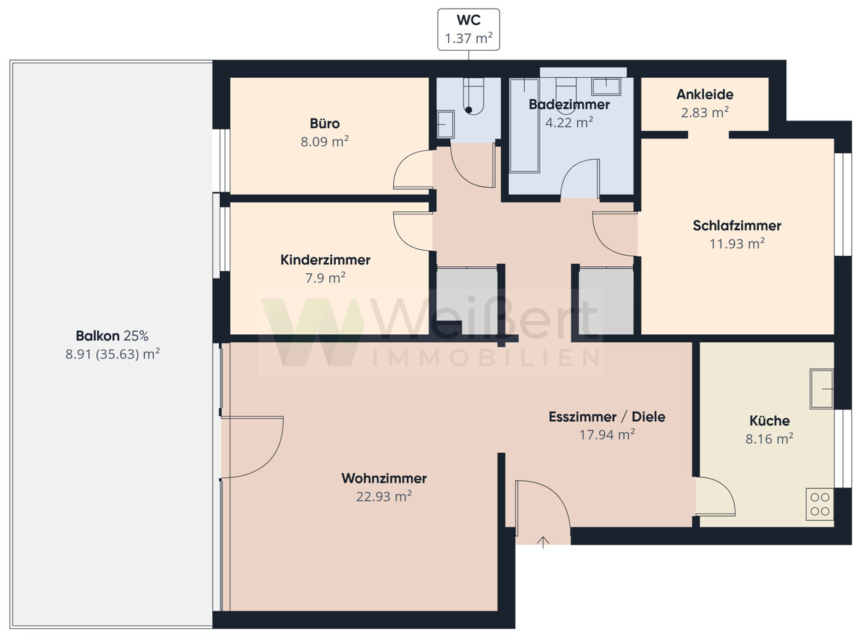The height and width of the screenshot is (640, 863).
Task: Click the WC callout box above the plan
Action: (x=469, y=30)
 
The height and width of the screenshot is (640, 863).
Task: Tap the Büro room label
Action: (x=325, y=124)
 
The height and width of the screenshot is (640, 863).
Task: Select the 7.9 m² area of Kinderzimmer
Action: (x=325, y=278)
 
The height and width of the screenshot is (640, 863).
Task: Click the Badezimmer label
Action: (x=569, y=104)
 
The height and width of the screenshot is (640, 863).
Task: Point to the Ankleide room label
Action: (x=704, y=95)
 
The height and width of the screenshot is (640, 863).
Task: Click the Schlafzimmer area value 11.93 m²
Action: (x=737, y=244)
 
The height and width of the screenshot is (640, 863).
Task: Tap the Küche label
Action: (x=769, y=421)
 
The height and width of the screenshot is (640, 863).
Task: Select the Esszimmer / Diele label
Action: (x=607, y=417)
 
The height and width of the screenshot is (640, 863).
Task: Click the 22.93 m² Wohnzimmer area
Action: (x=383, y=497)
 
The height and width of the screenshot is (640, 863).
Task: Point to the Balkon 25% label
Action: (x=112, y=336)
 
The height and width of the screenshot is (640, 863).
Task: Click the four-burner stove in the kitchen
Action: (x=820, y=504)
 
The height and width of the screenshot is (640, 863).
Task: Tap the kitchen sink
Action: (x=822, y=389)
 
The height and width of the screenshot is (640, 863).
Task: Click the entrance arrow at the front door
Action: (x=543, y=542)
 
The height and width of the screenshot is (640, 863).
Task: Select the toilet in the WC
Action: (x=473, y=96)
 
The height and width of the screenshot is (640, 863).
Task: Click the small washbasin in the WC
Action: (x=446, y=124)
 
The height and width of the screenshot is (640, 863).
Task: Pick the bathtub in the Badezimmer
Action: (x=524, y=125)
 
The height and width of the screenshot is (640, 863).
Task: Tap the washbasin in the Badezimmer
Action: (x=606, y=86)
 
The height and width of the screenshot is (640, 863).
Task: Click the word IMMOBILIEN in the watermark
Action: (x=486, y=358)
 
